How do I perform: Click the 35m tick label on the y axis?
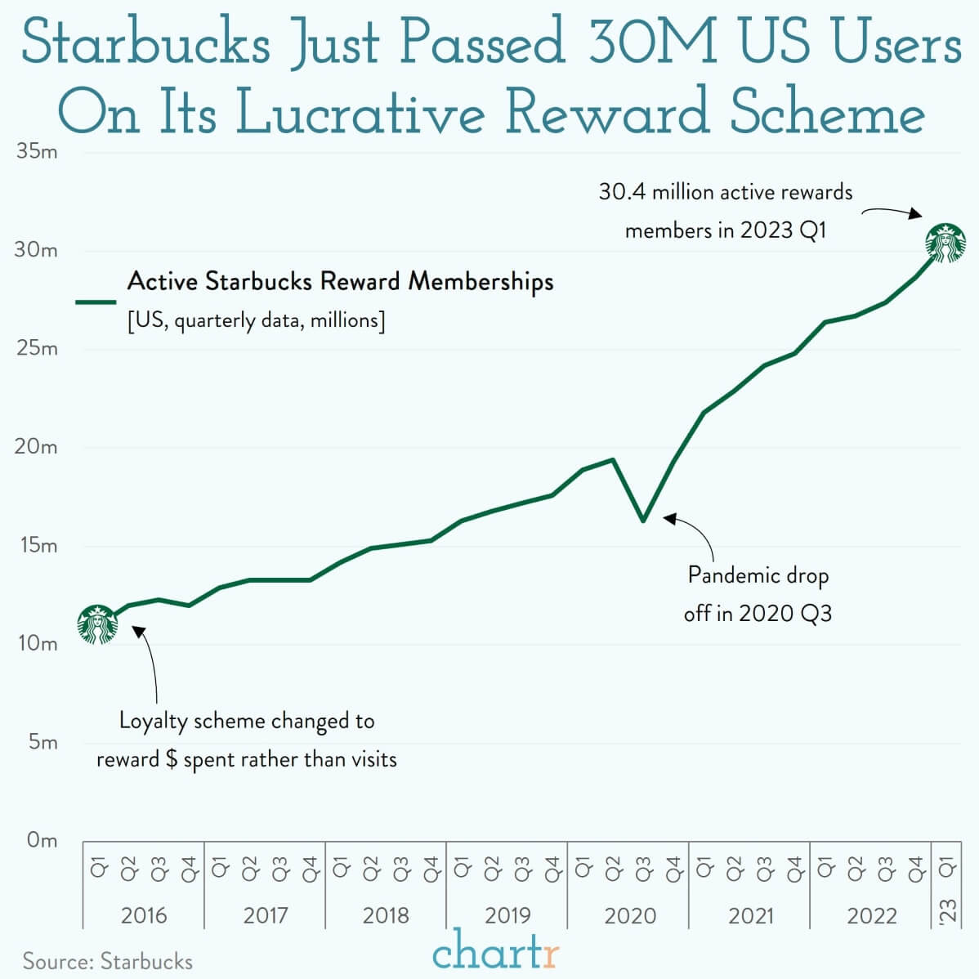click(37, 152)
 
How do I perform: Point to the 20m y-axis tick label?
click(37, 447)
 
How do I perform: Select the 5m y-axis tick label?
click(42, 742)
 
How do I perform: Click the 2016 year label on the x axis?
click(144, 915)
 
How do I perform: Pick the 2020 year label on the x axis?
click(629, 915)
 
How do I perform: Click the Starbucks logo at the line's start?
click(97, 625)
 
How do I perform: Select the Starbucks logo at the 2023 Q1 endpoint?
click(945, 244)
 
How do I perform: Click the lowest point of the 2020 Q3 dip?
click(644, 520)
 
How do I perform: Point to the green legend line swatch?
click(96, 302)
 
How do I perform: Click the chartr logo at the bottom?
click(495, 951)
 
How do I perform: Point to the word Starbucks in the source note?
click(146, 961)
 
